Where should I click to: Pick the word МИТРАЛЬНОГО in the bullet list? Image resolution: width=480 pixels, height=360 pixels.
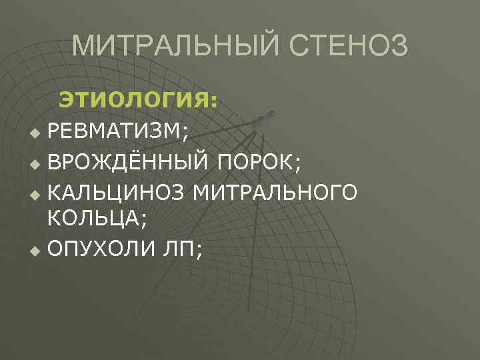click(275, 193)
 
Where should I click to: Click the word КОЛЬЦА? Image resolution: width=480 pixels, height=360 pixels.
click(91, 217)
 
